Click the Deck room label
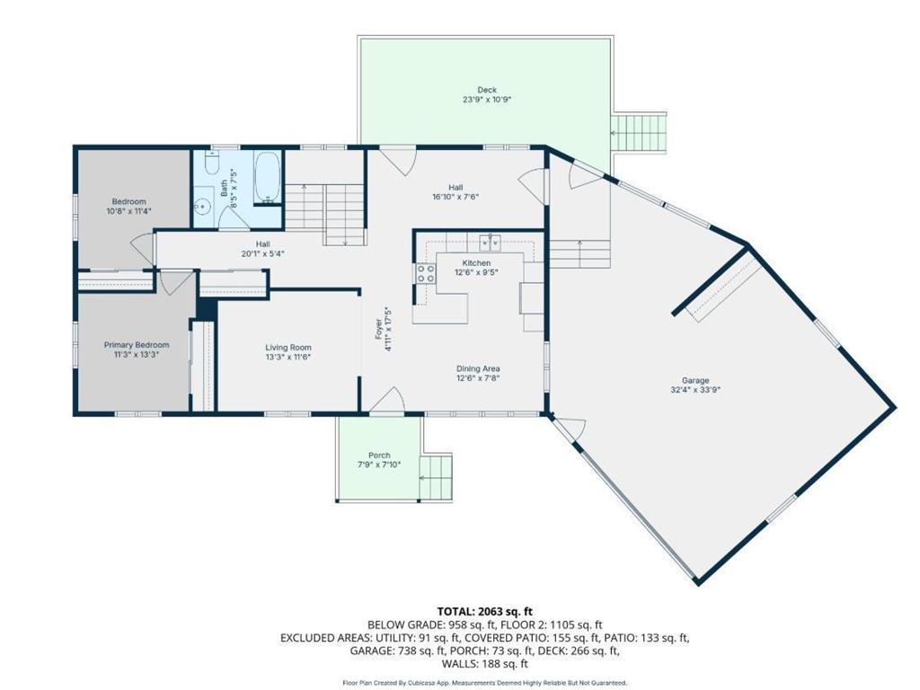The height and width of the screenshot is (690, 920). [x=487, y=90]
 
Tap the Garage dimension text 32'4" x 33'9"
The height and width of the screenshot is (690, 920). [x=695, y=390]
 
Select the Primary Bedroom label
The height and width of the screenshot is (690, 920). [x=137, y=345]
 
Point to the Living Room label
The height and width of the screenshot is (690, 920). [x=288, y=348]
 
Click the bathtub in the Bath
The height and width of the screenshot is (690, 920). [x=268, y=179]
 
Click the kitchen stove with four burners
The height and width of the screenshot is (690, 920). [x=426, y=273]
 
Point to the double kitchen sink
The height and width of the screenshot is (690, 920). [x=490, y=241]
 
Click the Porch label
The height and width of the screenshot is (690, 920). [x=379, y=456]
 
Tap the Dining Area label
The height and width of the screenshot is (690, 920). [x=478, y=369]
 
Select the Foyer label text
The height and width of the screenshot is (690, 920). [x=379, y=329]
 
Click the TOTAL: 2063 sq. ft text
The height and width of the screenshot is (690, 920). [x=484, y=612]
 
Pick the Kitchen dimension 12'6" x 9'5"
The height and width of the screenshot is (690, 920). [x=476, y=273]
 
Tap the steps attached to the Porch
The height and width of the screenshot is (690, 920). [x=437, y=476]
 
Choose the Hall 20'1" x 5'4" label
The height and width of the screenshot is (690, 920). [x=263, y=249]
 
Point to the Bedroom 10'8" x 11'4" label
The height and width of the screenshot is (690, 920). [x=129, y=206]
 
